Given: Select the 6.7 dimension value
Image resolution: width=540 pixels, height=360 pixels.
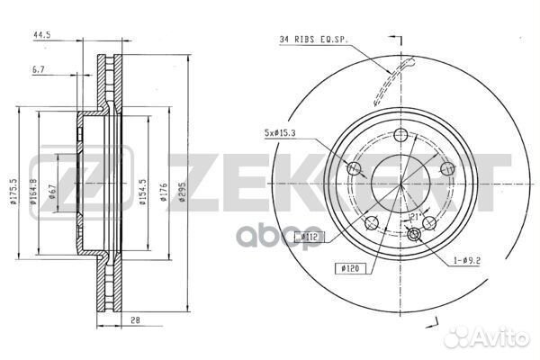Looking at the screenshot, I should [37, 68].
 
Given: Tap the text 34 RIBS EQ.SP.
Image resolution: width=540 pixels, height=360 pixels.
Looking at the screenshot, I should [312, 39].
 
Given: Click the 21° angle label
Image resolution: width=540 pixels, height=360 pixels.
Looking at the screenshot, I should [416, 217].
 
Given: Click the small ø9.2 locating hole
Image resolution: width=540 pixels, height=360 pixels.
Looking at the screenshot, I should [415, 236].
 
